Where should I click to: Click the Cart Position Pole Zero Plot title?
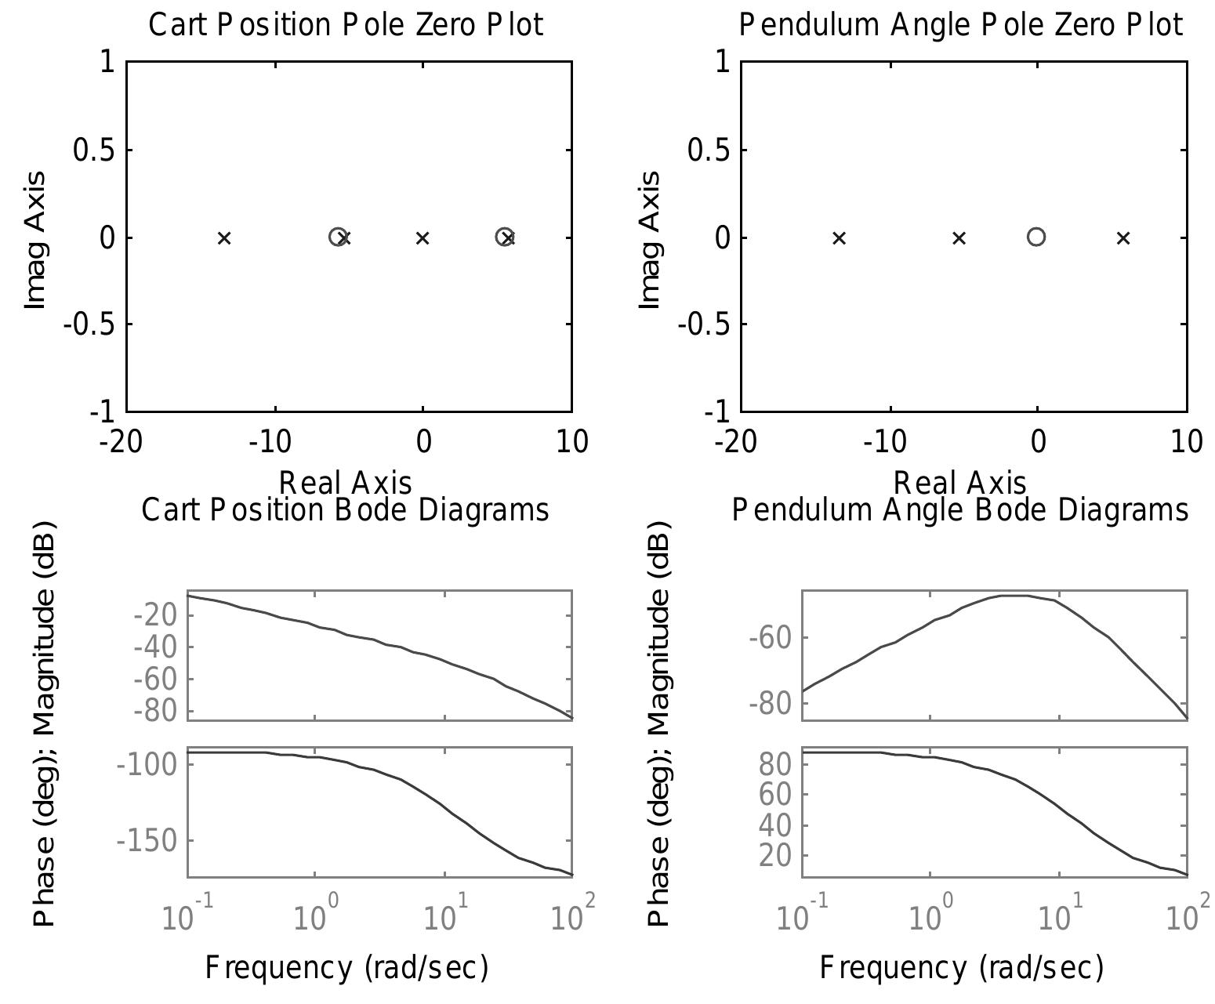pyautogui.click(x=346, y=25)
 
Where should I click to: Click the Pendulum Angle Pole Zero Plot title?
pyautogui.click(x=961, y=25)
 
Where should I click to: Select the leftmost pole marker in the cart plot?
pyautogui.click(x=224, y=237)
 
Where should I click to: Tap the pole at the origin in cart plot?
pyautogui.click(x=423, y=237)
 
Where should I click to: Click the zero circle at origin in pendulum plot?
pyautogui.click(x=1036, y=237)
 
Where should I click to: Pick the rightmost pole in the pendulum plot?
pyautogui.click(x=1123, y=237)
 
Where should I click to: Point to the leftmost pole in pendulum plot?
pyautogui.click(x=839, y=237)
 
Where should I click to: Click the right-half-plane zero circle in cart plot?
pyautogui.click(x=504, y=237)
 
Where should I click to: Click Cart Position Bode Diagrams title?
pyautogui.click(x=345, y=510)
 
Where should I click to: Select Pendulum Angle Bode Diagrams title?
pyautogui.click(x=960, y=510)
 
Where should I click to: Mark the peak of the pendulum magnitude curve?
pyautogui.click(x=1015, y=596)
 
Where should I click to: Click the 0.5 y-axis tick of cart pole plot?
pyautogui.click(x=92, y=150)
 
